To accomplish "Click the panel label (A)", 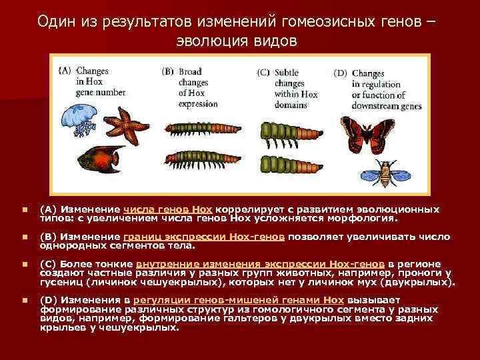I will coord(66,69).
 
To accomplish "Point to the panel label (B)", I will coord(168,69).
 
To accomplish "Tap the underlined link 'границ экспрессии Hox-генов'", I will coord(204,237).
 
